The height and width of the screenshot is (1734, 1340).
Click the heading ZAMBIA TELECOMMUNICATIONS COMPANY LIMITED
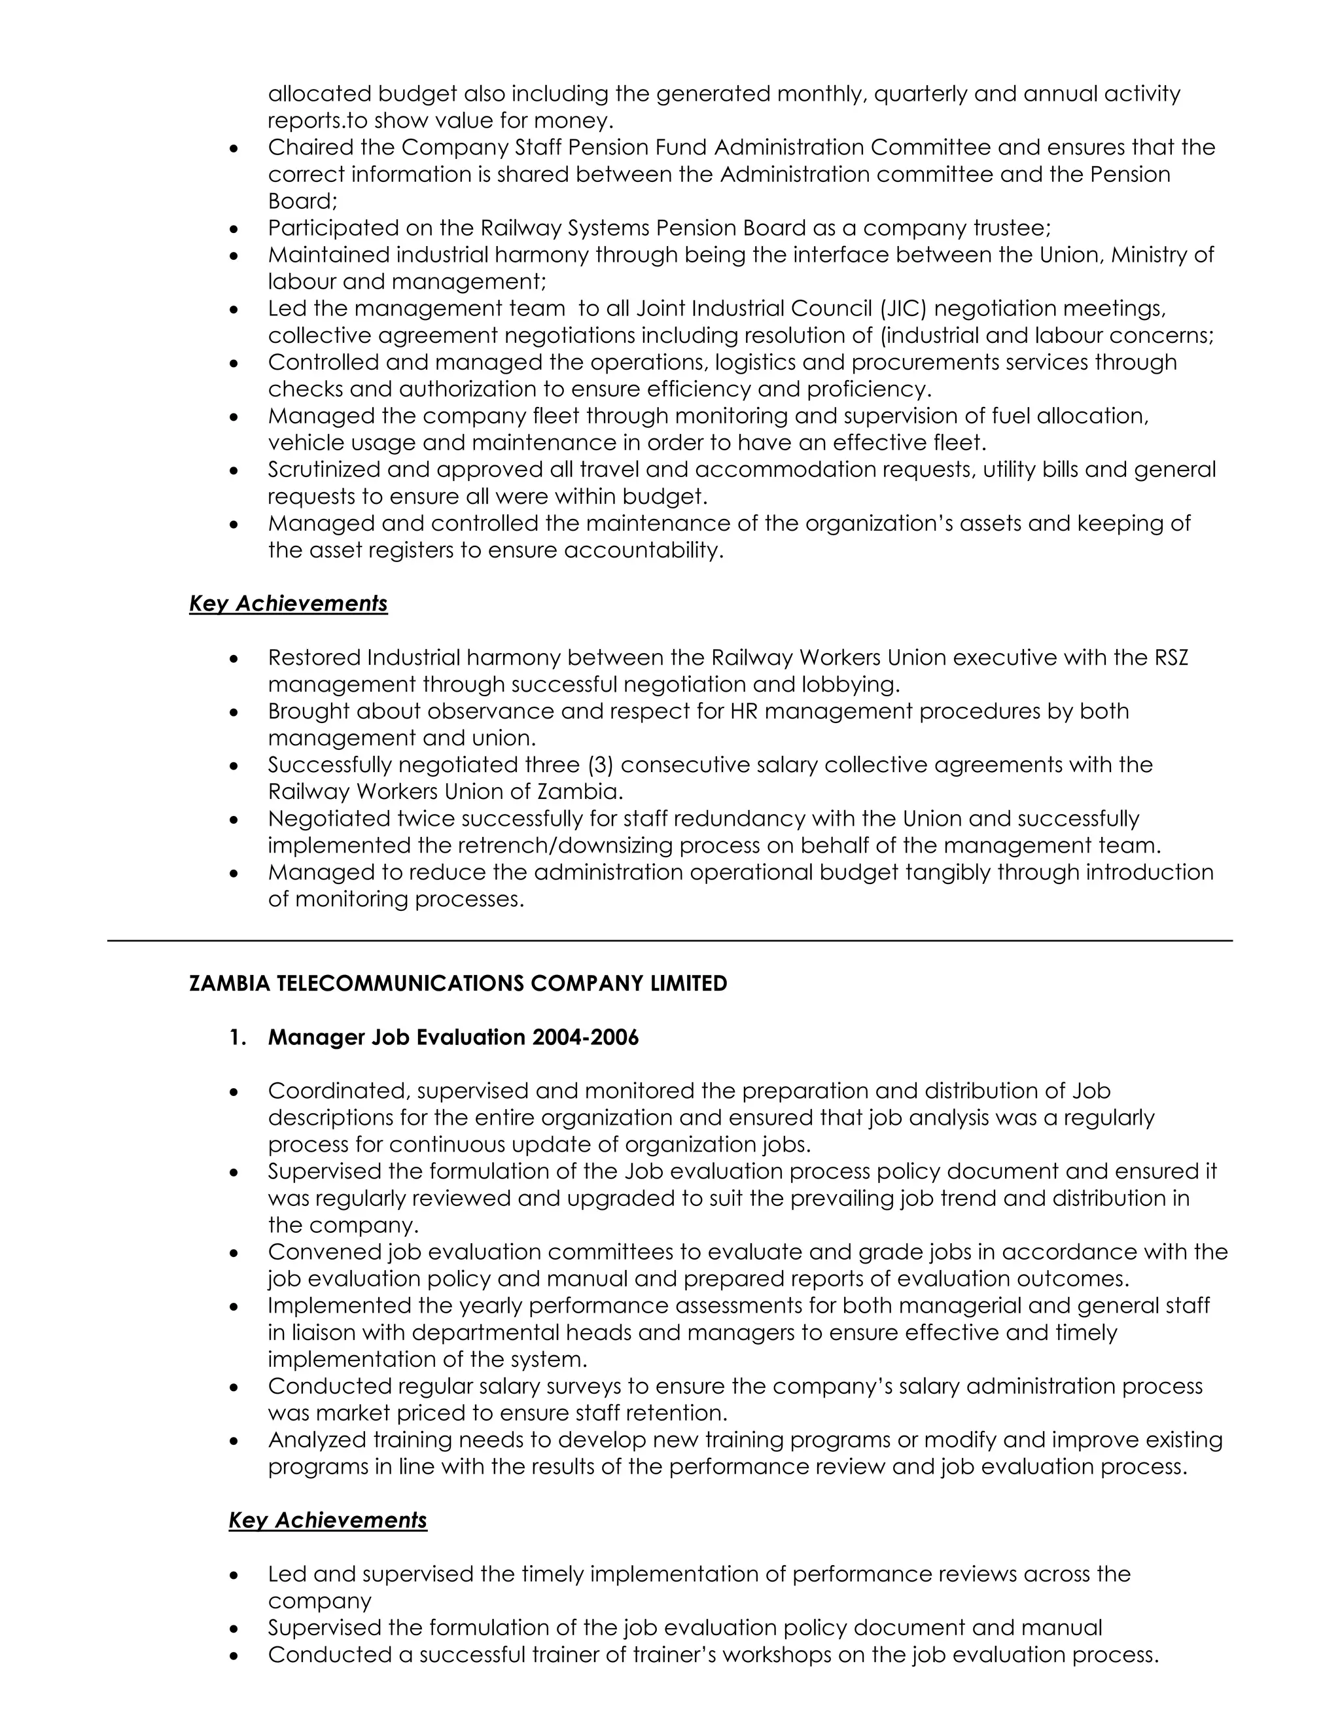coord(458,983)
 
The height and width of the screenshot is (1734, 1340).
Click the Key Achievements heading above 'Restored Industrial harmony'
coord(288,603)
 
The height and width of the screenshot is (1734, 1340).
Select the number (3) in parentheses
coord(601,764)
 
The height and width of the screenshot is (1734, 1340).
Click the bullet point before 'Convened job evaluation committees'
coord(234,1254)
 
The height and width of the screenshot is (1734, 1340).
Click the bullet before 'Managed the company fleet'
coord(234,417)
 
